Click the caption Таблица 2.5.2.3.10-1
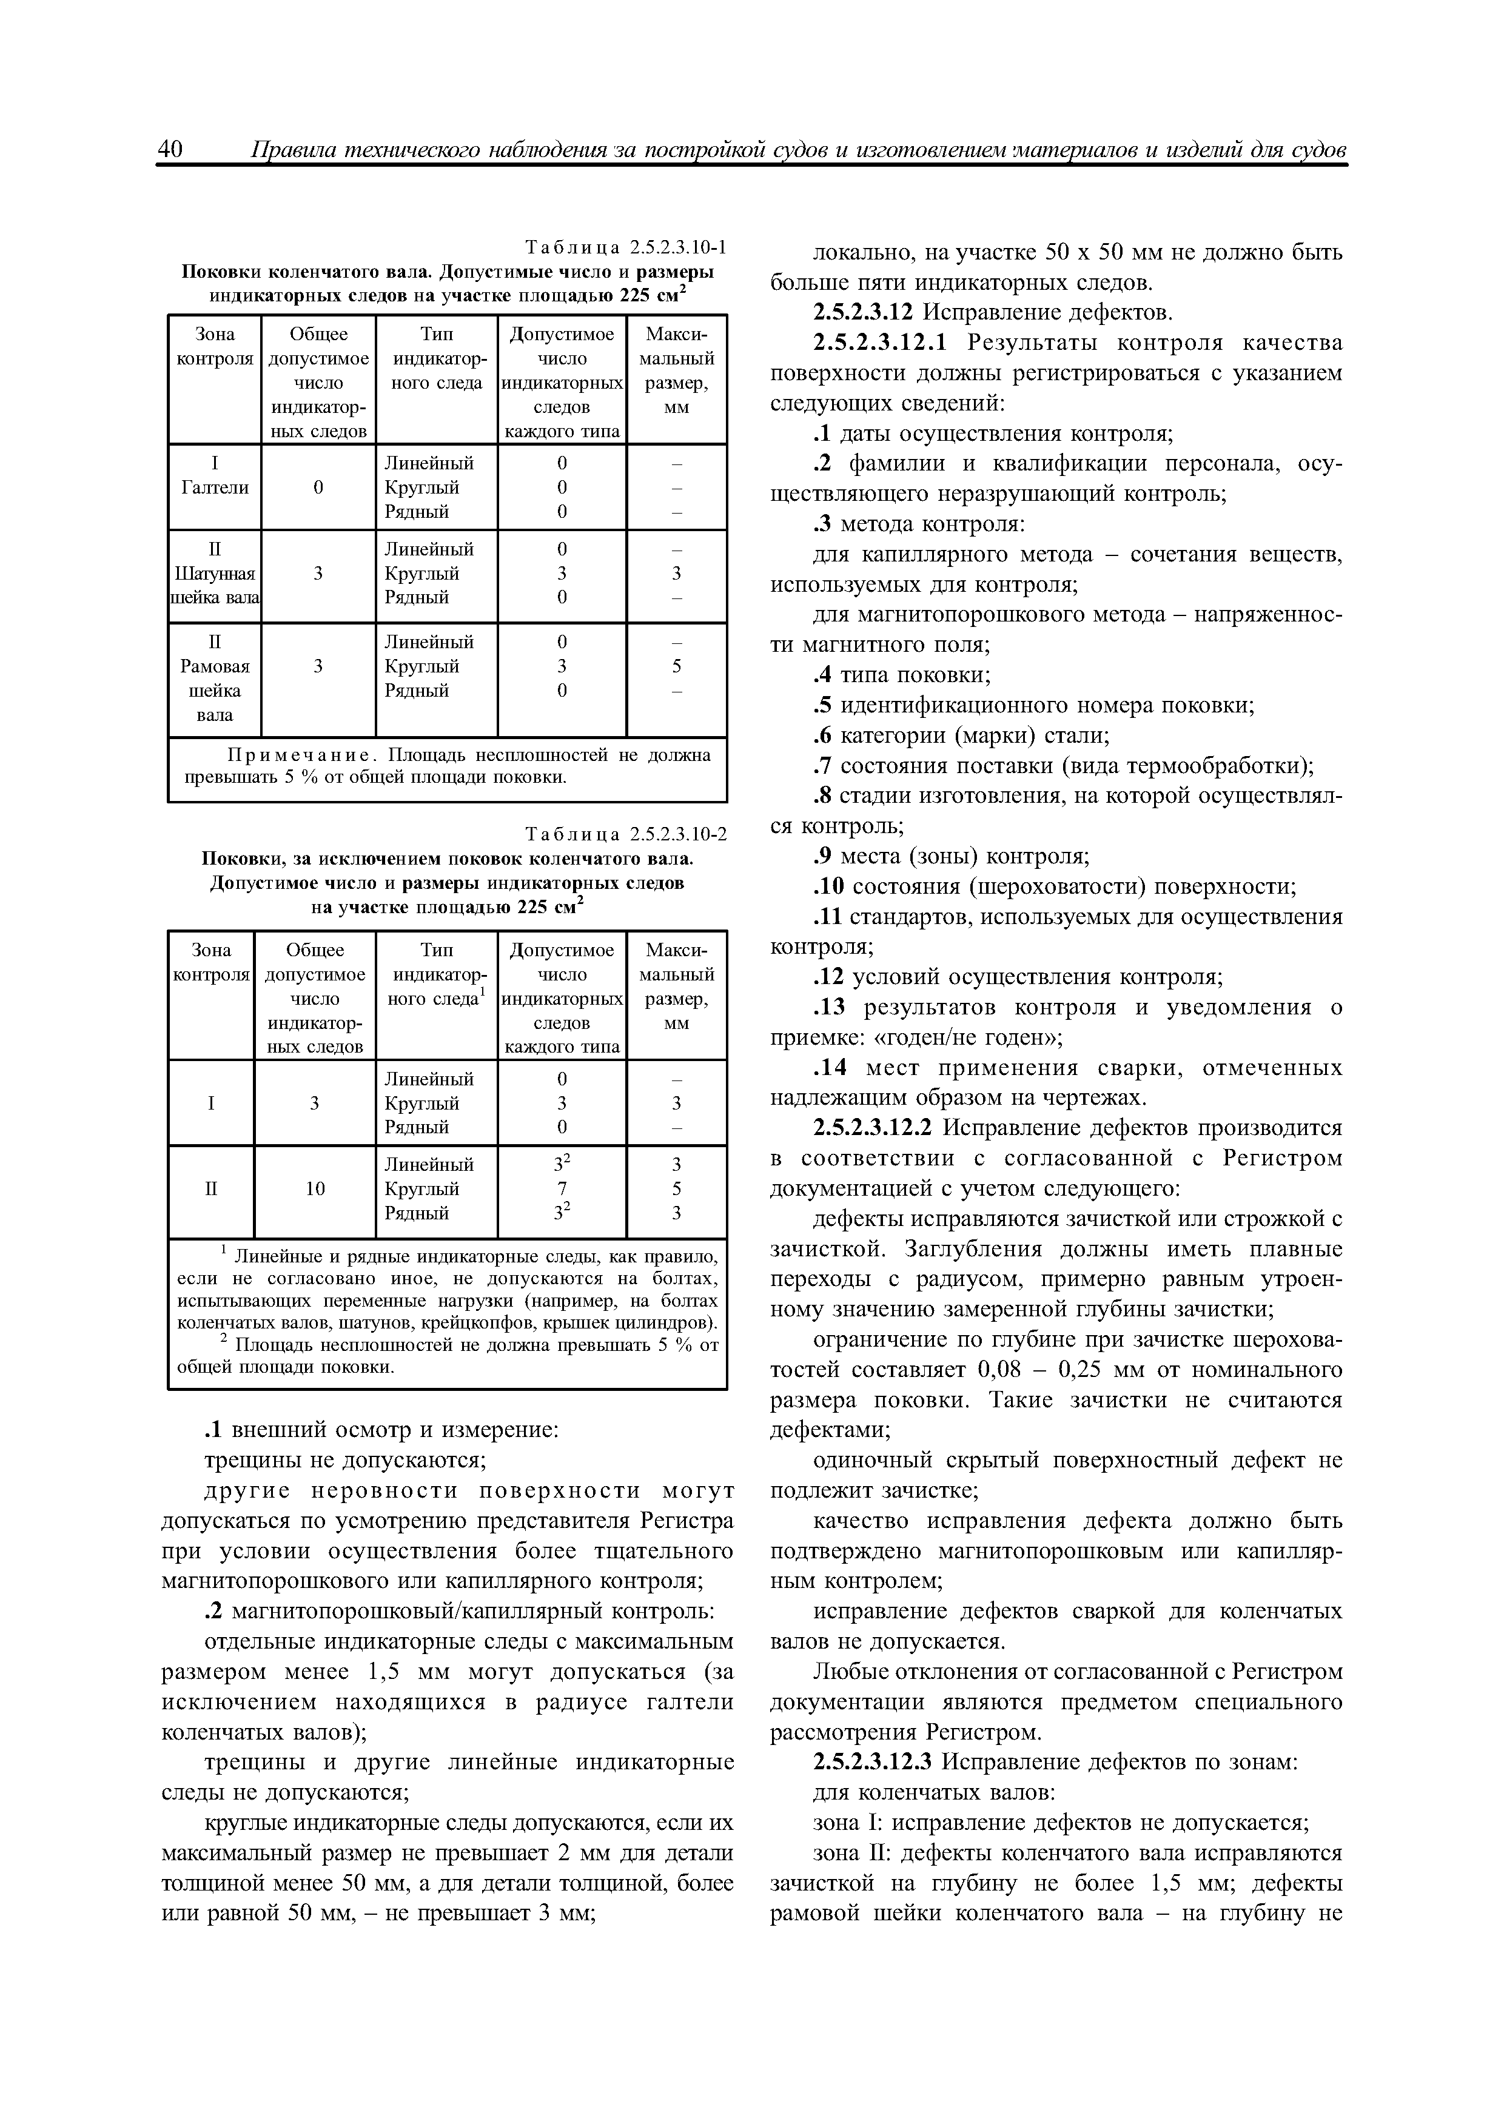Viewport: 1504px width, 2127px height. click(625, 247)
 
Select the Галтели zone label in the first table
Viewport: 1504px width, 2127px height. click(215, 487)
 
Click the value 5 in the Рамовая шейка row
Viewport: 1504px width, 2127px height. click(676, 666)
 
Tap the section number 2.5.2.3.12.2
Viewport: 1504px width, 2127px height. click(876, 1128)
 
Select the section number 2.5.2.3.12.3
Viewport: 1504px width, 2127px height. click(876, 1762)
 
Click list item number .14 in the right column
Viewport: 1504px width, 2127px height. click(830, 1068)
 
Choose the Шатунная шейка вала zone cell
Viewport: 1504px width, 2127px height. click(215, 574)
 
